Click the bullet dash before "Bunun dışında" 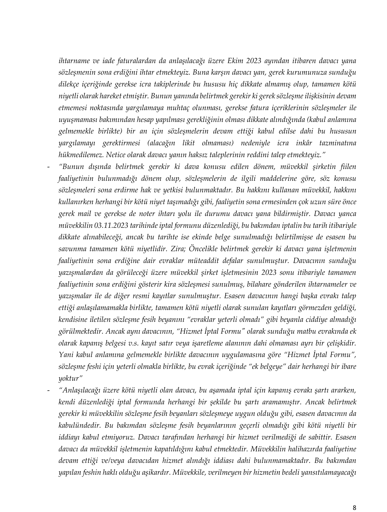pos(49,167)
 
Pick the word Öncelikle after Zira pos(201,249)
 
